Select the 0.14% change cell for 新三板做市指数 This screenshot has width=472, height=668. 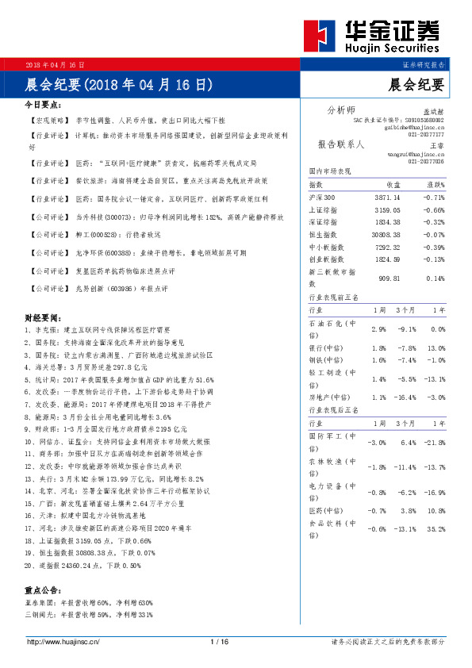[x=435, y=278]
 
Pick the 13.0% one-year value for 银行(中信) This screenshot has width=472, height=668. [x=436, y=348]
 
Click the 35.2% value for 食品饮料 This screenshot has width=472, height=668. [x=436, y=528]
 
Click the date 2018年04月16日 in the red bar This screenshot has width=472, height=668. [x=55, y=63]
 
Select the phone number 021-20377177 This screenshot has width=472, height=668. [x=426, y=134]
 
